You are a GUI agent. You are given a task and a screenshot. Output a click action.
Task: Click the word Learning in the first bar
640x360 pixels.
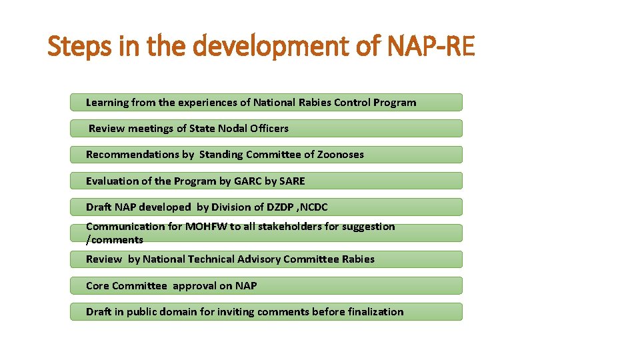point(107,103)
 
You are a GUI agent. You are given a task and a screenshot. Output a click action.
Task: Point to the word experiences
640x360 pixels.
point(207,103)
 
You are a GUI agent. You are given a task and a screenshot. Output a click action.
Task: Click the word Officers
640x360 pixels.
point(267,128)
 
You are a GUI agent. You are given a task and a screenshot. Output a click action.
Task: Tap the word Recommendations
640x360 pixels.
point(132,155)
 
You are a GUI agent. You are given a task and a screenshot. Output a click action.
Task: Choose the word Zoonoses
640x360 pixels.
point(341,155)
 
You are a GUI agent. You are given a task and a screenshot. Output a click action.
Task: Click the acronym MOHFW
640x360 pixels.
point(206,227)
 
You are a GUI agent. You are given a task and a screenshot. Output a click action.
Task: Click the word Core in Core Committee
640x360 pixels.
point(97,286)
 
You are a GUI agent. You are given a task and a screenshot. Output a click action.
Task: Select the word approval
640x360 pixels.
point(194,286)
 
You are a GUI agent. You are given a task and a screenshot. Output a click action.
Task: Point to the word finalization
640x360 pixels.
point(375,312)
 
